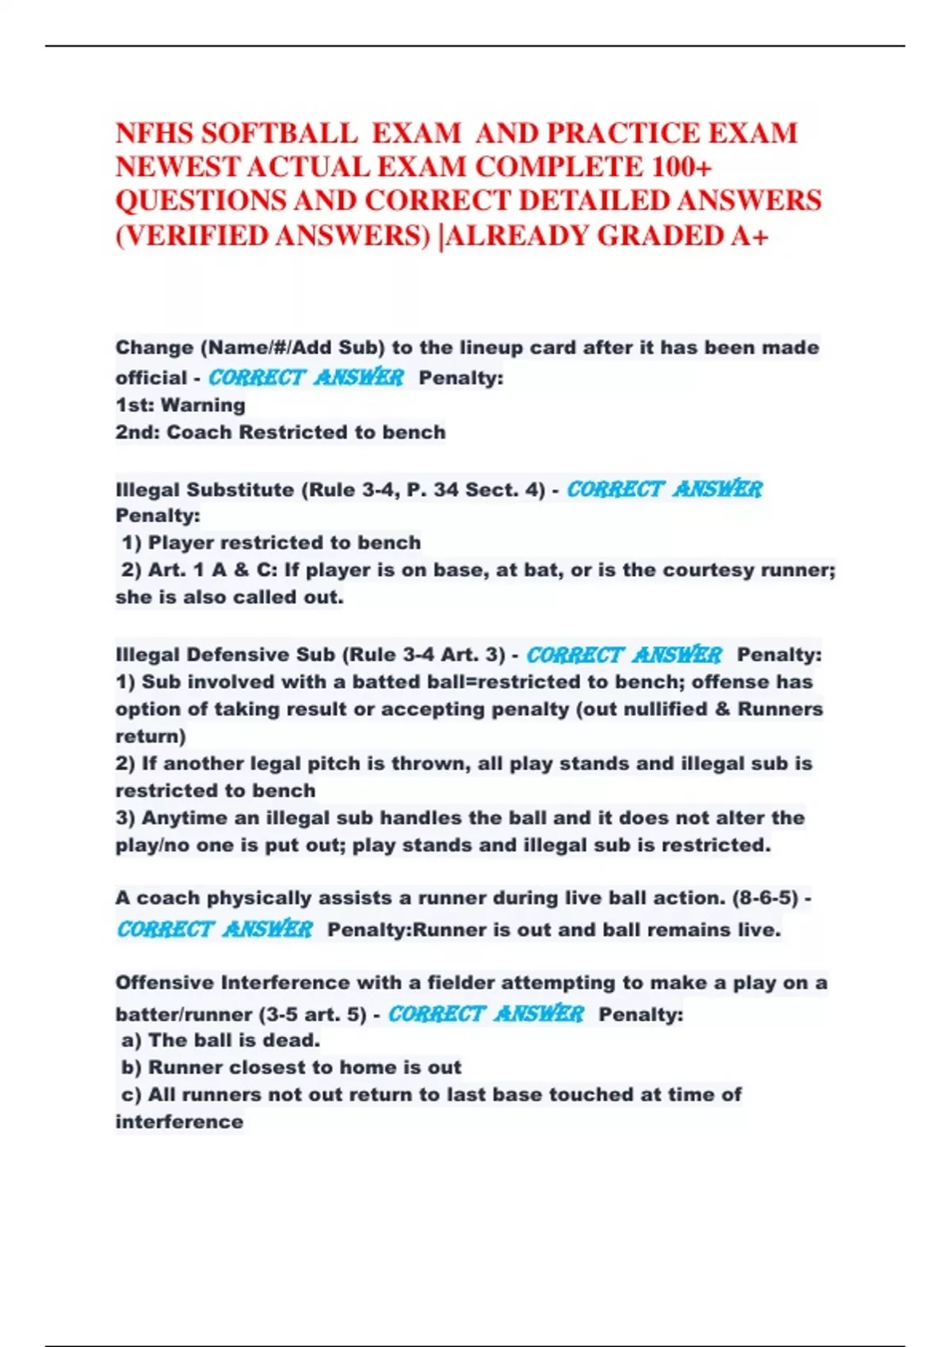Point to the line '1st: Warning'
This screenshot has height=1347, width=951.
[x=180, y=405]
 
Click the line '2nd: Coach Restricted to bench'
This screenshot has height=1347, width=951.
[x=281, y=432]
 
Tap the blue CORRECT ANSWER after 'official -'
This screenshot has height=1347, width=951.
[x=306, y=377]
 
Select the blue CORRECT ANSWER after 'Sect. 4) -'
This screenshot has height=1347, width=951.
[x=664, y=489]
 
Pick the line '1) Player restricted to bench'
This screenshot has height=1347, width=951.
[x=271, y=543]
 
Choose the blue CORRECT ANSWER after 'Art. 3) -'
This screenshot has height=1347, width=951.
[x=624, y=654]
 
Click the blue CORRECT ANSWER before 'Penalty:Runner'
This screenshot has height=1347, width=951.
[x=215, y=929]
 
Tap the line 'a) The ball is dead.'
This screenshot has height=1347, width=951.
[x=220, y=1040]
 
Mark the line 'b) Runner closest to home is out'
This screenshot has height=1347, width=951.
[x=291, y=1067]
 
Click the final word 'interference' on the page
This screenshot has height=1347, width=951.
[x=179, y=1121]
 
